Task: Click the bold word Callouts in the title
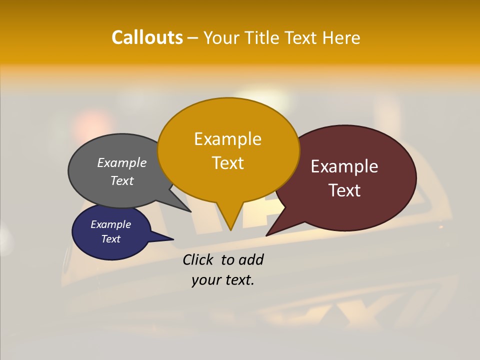tap(147, 37)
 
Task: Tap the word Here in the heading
tap(341, 37)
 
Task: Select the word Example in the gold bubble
tap(227, 139)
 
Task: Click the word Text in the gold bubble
tap(227, 163)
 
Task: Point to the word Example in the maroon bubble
tap(344, 166)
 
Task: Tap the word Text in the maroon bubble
tap(344, 190)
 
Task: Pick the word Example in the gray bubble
tap(122, 163)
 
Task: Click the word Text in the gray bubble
tap(122, 180)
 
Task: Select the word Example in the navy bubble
tap(111, 224)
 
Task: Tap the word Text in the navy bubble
tap(111, 239)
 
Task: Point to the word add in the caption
tap(250, 259)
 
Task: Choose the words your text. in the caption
tap(223, 280)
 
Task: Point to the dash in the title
tap(193, 38)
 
